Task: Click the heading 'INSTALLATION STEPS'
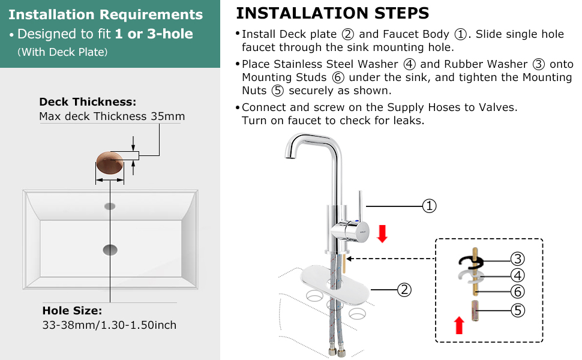point(332,13)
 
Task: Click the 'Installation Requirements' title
point(106,14)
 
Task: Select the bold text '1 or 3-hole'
point(154,34)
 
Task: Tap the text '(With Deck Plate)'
point(62,52)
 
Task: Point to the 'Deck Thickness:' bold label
point(88,102)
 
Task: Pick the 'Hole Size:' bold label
point(72,311)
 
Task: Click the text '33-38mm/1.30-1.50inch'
point(109,325)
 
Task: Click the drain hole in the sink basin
point(110,249)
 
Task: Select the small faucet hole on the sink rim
point(110,206)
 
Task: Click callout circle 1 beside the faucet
point(429,206)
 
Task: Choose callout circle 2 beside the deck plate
point(405,290)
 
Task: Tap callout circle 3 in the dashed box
point(518,259)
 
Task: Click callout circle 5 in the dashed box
point(518,310)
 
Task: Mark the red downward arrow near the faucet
point(382,233)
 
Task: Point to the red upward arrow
point(459,325)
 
